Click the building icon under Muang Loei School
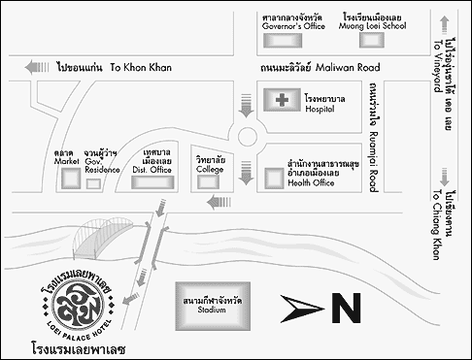pos(373,42)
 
